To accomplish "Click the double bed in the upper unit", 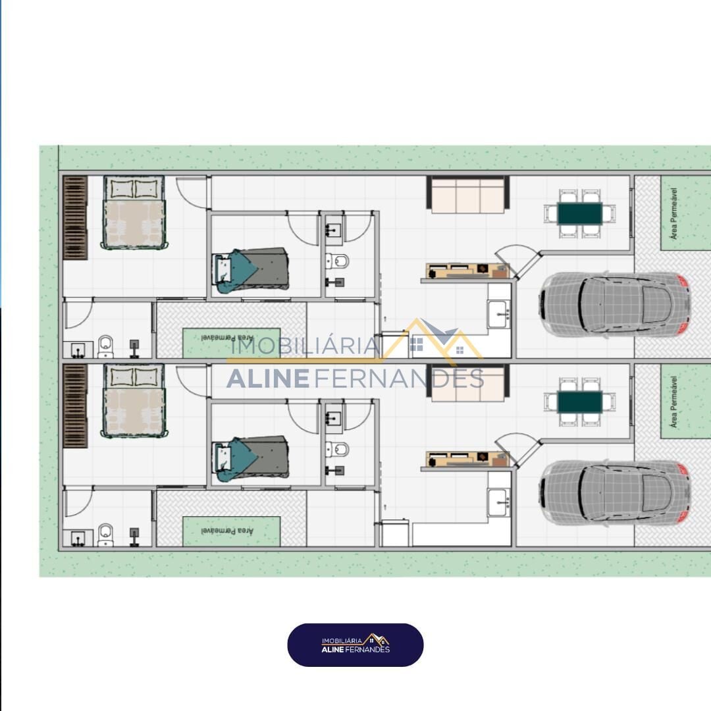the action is click(134, 212).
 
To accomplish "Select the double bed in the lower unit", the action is click(134, 401).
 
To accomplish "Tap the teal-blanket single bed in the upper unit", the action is click(250, 271).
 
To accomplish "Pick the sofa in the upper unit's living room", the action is click(468, 194).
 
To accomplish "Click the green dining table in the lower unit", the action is click(580, 402).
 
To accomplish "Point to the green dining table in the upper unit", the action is click(580, 214).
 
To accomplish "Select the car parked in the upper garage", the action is click(614, 304).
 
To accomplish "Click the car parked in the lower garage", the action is click(614, 493).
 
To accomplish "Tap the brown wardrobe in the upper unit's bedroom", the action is click(75, 218).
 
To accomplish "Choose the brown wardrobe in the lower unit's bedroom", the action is click(75, 406).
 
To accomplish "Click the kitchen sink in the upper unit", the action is click(499, 313).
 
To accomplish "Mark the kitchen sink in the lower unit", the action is click(499, 502).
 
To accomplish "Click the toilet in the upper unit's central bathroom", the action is click(337, 261).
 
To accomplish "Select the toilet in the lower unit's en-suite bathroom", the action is click(105, 535).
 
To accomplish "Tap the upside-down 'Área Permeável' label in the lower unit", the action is click(227, 531).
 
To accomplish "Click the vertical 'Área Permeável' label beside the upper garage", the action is click(674, 213).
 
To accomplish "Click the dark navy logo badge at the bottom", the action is click(355, 645).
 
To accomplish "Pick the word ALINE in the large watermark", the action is click(268, 379).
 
